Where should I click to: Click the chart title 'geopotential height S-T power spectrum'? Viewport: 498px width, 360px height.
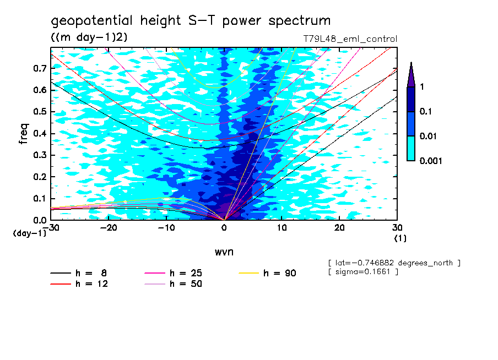coord(191,21)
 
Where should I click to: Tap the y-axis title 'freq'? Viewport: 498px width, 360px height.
coord(24,134)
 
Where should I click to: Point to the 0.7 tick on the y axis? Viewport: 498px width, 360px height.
coord(39,68)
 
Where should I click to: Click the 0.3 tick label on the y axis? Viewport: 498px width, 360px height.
coord(39,155)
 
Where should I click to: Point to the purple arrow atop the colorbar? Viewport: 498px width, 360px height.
coord(411,74)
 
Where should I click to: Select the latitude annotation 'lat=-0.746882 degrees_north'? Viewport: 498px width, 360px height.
coord(394,263)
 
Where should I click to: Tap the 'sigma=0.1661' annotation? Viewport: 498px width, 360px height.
coord(362,272)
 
